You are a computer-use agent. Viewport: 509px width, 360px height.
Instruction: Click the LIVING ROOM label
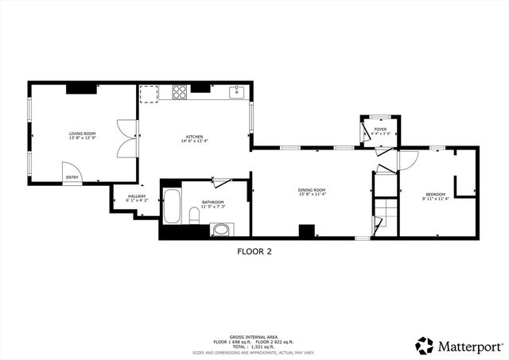(x=82, y=134)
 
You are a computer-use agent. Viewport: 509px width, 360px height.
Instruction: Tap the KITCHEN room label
(x=195, y=136)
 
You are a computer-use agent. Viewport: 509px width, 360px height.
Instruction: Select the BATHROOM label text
(x=212, y=201)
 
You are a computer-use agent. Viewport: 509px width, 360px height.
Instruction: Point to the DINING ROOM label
(x=312, y=189)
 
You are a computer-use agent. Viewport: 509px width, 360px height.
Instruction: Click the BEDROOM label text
(x=435, y=194)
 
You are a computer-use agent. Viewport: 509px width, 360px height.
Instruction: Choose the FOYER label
(x=380, y=128)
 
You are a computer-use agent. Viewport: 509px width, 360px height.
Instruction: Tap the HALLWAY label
(x=136, y=195)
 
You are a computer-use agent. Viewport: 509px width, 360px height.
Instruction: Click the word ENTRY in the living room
(x=72, y=177)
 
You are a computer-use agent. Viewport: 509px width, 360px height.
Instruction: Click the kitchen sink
(x=236, y=93)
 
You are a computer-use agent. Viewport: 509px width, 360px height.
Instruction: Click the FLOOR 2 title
(x=254, y=251)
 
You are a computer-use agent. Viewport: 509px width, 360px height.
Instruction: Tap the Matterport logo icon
(x=424, y=346)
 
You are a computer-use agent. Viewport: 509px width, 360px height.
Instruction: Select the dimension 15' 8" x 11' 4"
(x=312, y=194)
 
